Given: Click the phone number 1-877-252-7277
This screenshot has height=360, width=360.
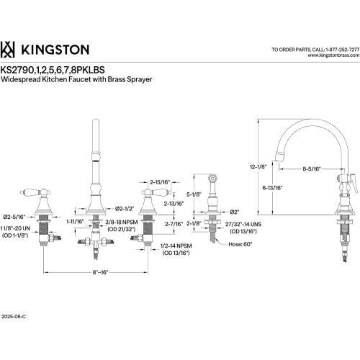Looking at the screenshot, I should (329, 48).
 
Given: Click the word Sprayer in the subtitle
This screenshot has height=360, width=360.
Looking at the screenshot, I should (158, 78).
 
